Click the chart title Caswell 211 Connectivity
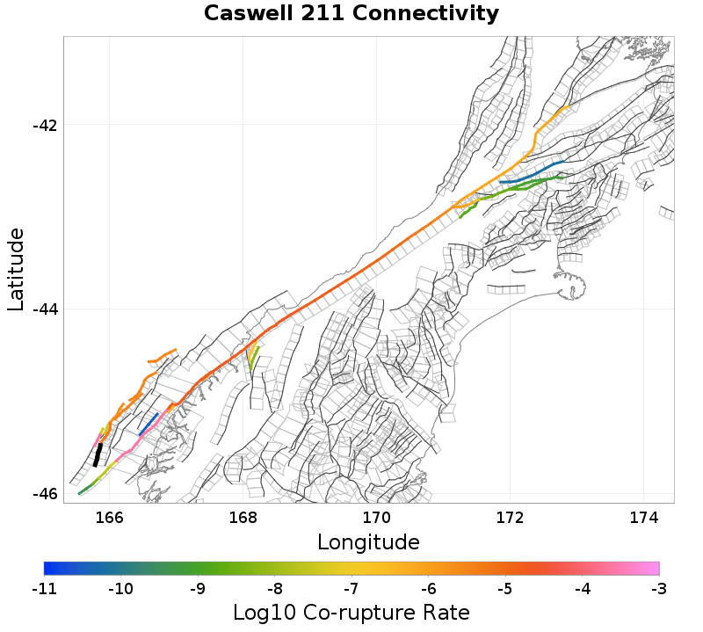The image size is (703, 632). pos(351,14)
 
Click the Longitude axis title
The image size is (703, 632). pos(368,540)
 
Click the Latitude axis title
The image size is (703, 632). pos(16,269)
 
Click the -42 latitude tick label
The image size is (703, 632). pos(45,125)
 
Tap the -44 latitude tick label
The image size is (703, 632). pos(45,309)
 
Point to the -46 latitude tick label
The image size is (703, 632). pos(45,494)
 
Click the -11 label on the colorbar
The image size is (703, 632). pos(44,587)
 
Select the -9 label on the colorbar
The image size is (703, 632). pos(198,587)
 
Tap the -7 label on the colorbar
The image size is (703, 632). pos(351,587)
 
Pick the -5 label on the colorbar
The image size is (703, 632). pos(505,587)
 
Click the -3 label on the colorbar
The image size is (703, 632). pos(659,587)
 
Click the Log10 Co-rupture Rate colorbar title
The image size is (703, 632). pos(351,613)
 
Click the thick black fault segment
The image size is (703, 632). pos(98,454)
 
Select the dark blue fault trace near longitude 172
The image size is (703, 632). pos(532,171)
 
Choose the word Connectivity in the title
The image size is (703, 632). pos(432,14)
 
